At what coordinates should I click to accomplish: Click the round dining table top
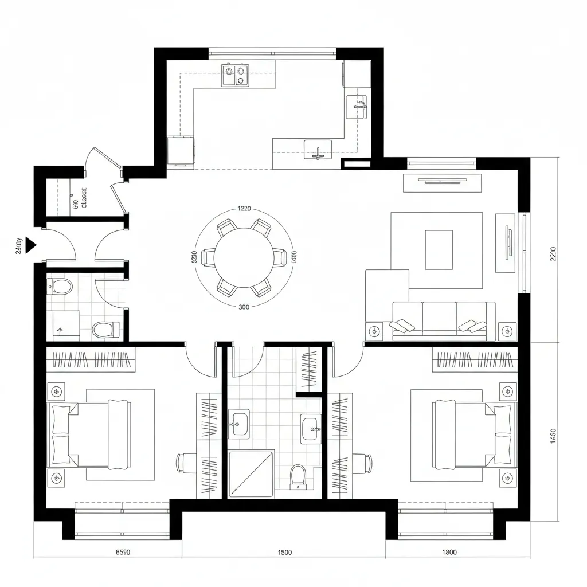(x=243, y=257)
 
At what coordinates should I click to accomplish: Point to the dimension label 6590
(x=123, y=553)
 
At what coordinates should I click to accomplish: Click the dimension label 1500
(x=284, y=553)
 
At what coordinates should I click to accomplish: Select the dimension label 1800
(x=449, y=553)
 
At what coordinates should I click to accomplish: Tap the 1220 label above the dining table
(x=244, y=209)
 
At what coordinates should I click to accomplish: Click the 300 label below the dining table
(x=243, y=307)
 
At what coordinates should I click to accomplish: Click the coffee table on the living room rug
(x=439, y=249)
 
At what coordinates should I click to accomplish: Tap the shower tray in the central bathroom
(x=251, y=473)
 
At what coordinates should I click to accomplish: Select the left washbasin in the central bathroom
(x=238, y=423)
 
